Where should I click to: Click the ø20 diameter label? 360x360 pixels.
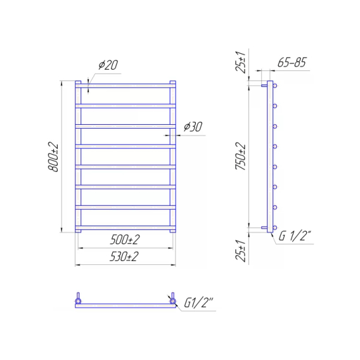coord(108,65)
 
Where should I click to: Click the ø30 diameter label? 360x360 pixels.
coord(193,127)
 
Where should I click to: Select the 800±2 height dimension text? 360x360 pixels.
coord(53,157)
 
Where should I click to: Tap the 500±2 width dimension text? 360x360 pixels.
coord(125,240)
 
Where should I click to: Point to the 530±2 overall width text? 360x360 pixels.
coord(124,257)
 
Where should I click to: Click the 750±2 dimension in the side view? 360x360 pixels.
coord(241,156)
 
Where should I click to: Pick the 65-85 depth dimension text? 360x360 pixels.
coord(292,62)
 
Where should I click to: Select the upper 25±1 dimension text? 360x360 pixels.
coord(241,63)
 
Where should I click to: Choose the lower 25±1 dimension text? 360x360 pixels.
coord(241,251)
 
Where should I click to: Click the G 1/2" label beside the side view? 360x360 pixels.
coord(295,236)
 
